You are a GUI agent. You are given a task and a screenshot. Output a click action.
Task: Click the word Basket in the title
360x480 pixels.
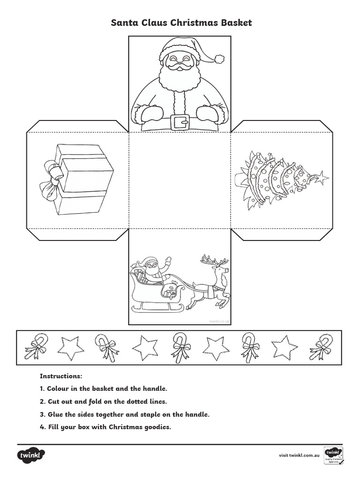232,23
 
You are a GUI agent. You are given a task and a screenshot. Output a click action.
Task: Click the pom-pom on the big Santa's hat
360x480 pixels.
218,59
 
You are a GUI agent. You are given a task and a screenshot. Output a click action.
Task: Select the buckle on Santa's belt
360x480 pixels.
180,122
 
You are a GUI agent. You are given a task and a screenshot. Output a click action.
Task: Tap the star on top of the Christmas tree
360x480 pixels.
322,178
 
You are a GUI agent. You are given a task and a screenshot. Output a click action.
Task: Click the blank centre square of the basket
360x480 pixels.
180,180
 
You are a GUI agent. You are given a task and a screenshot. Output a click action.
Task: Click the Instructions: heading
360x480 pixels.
61,376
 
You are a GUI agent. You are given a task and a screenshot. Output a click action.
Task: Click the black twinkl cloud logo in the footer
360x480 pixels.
31,455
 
